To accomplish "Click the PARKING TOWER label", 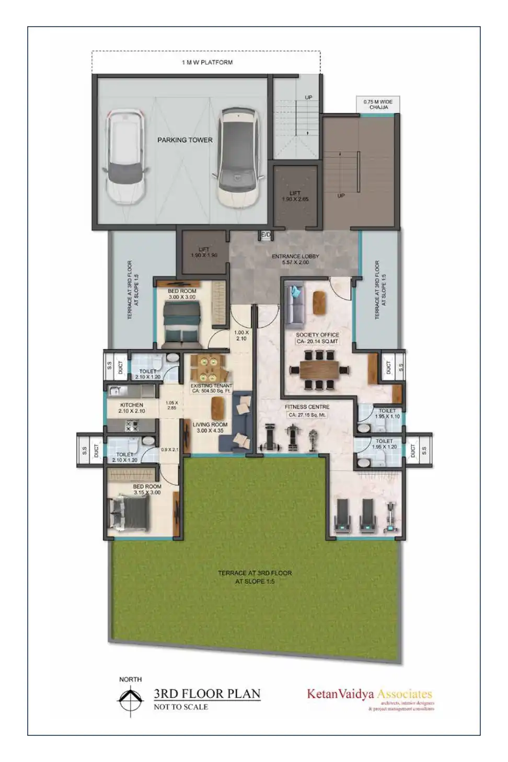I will click(x=184, y=140).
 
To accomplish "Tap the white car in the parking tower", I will click(x=125, y=156).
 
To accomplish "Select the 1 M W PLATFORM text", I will click(x=207, y=62).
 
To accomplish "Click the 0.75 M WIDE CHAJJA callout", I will click(x=378, y=104).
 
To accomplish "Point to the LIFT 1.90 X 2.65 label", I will click(x=295, y=196).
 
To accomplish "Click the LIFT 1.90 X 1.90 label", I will click(x=204, y=252).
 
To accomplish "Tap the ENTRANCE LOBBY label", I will click(x=295, y=259).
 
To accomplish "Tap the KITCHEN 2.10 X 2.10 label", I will click(x=132, y=408).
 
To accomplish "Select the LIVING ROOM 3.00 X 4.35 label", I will click(x=210, y=428).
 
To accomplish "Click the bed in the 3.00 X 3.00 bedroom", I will click(x=182, y=325).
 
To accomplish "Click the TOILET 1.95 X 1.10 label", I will click(x=387, y=413).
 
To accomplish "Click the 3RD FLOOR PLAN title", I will click(x=207, y=694).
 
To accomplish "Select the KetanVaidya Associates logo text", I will click(x=369, y=695).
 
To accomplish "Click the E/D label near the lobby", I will click(x=266, y=236).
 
